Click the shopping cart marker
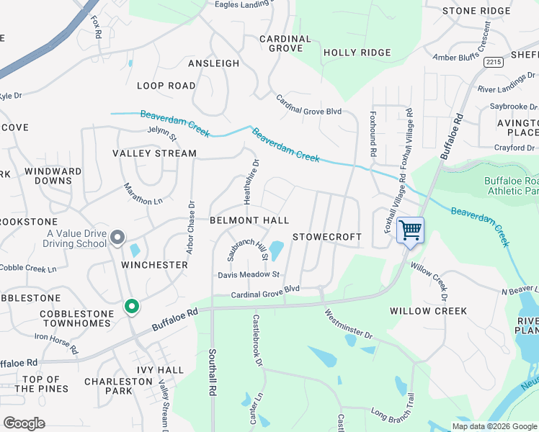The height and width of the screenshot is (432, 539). (410, 230)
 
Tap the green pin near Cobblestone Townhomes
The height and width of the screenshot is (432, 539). (131, 307)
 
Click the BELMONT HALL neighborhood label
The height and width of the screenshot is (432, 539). (249, 220)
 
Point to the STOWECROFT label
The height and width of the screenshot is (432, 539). (327, 237)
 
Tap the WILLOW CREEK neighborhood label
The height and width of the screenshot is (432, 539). (428, 311)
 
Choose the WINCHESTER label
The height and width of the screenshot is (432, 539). (154, 265)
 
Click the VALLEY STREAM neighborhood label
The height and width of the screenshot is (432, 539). (154, 153)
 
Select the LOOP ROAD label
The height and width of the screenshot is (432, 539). (166, 86)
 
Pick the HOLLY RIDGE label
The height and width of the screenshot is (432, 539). (357, 53)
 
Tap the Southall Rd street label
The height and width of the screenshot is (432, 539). (213, 370)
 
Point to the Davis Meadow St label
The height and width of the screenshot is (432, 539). (249, 275)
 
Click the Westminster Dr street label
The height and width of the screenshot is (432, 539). (347, 325)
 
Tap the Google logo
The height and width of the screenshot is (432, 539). (24, 423)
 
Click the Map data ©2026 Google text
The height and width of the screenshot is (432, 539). (494, 426)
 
